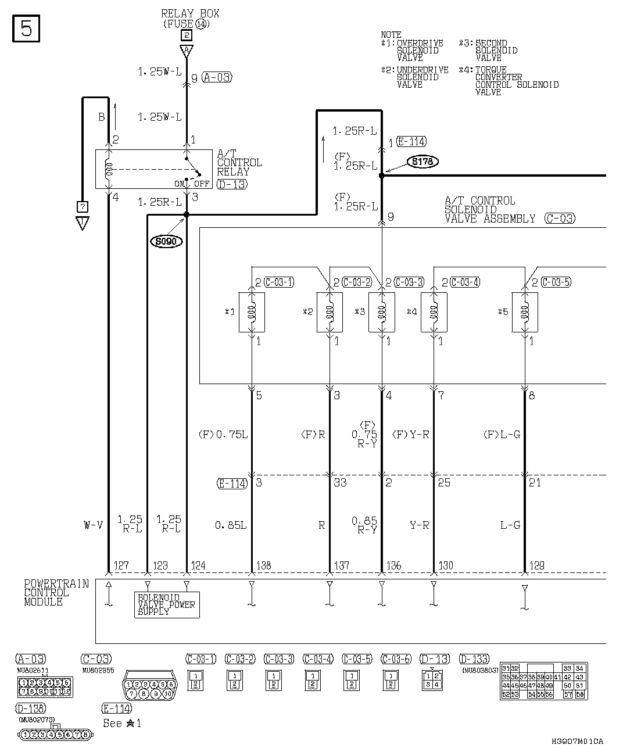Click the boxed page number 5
coord(26,29)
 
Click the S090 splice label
coord(167,241)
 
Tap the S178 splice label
coord(423,162)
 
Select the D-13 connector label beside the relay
coord(231,184)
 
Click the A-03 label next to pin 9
coord(217,77)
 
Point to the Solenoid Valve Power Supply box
coord(167,605)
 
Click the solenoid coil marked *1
coord(252,312)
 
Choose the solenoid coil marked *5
coord(525,312)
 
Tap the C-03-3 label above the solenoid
coord(409,282)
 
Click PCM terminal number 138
coord(263,565)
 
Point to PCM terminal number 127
coord(121,565)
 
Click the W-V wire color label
coord(93,525)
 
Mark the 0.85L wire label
coord(231,525)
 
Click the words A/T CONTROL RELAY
coord(239,163)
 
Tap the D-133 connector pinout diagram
coord(543,682)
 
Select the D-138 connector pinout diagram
coord(56,735)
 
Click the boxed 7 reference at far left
coord(83,206)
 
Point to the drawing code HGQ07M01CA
coord(578,742)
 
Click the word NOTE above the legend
coord(391,35)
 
